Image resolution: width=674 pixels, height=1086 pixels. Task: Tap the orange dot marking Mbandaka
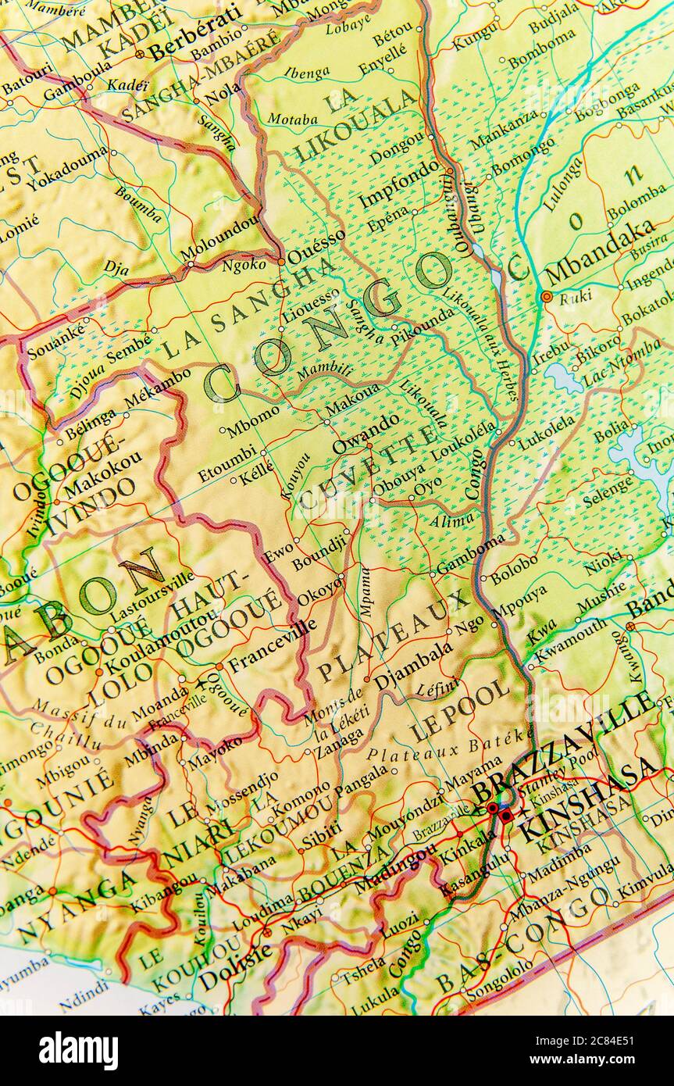(x=546, y=296)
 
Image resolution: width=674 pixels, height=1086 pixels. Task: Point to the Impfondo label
(x=399, y=184)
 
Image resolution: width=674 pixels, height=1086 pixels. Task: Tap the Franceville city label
(x=272, y=640)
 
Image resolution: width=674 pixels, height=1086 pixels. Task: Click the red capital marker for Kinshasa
(x=506, y=816)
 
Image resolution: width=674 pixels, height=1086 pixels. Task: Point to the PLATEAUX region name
(x=394, y=637)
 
